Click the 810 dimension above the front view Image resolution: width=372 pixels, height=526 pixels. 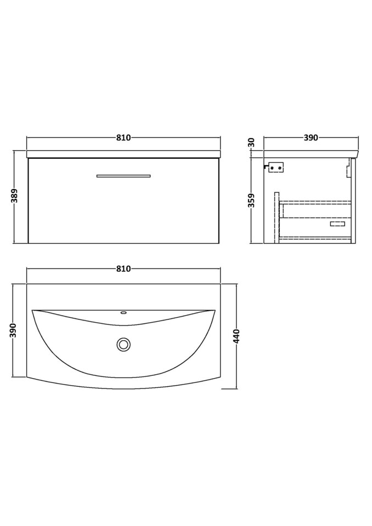pos(123,138)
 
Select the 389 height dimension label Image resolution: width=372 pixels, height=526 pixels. pos(15,196)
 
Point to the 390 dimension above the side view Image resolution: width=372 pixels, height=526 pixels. pos(311,138)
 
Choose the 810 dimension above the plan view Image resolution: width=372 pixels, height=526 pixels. pos(123,269)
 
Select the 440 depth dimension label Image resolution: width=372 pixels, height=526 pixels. pos(237,336)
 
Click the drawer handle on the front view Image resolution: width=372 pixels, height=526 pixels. pos(123,176)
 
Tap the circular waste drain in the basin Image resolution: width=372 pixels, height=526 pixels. pos(123,345)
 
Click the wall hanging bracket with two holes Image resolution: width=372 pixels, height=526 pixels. pos(275,167)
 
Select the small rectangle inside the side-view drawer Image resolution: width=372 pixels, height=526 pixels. pos(337,224)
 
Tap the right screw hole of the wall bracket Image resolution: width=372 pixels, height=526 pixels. pos(279,167)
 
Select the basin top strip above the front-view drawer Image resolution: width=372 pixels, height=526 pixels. pos(123,153)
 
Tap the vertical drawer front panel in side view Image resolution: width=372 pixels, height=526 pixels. pos(354,200)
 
